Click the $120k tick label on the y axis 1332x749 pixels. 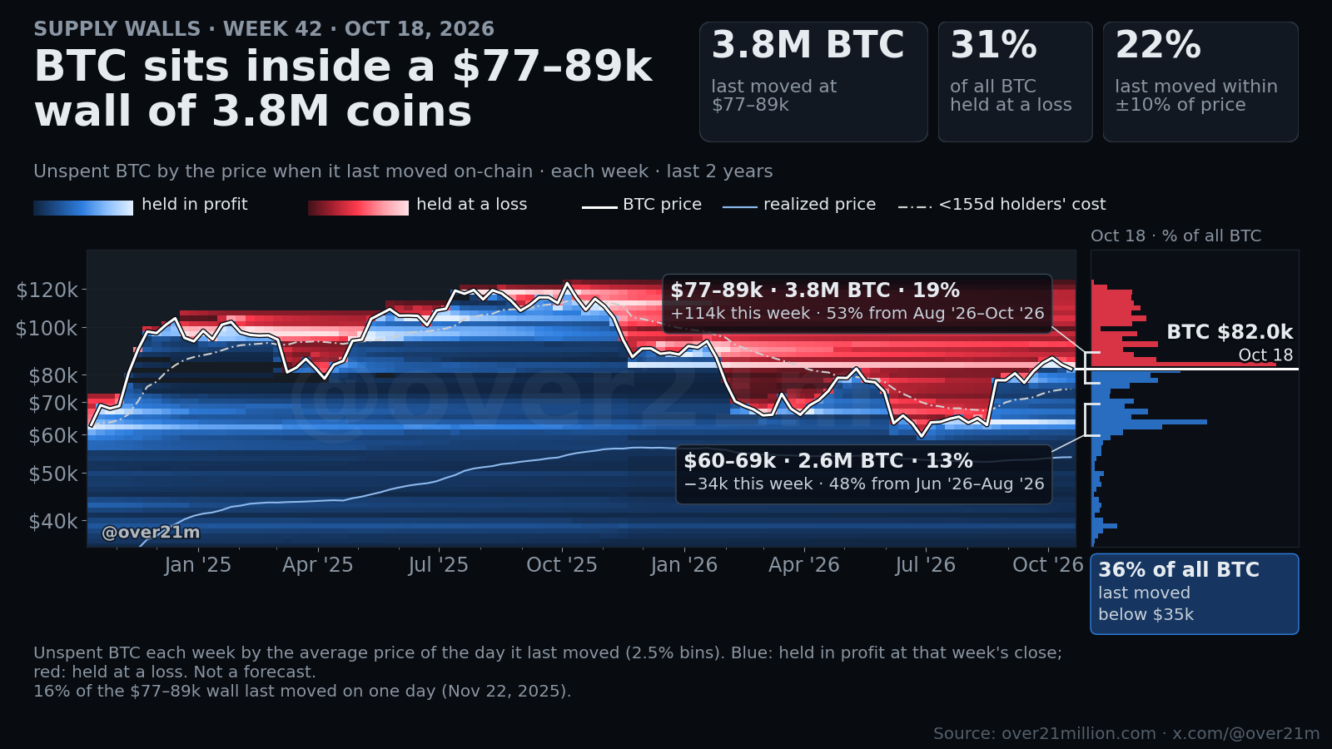tap(47, 290)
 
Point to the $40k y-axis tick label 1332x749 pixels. tap(53, 521)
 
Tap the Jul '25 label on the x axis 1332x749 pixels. tap(438, 565)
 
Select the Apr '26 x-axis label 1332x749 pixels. tap(803, 565)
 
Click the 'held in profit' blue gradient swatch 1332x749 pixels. tap(83, 208)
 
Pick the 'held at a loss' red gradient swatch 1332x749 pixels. tap(358, 208)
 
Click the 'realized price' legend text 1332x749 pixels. tap(819, 205)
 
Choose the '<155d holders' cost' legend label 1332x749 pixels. tap(1022, 205)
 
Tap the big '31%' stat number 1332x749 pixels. tap(994, 45)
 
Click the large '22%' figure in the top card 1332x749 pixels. tap(1158, 45)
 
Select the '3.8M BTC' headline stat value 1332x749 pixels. tap(808, 45)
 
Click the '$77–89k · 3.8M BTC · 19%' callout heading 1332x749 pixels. tap(815, 290)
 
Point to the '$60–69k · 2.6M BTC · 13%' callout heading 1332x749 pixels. tap(828, 461)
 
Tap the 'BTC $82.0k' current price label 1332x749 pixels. tap(1230, 332)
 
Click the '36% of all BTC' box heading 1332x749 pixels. tap(1179, 570)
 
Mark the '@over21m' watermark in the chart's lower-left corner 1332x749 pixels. tap(151, 533)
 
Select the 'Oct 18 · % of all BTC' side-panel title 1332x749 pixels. tap(1175, 236)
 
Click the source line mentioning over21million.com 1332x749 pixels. tap(1126, 733)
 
